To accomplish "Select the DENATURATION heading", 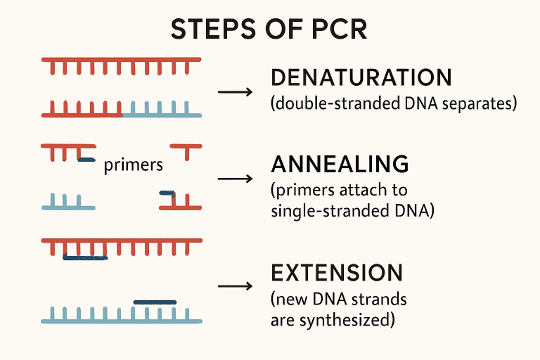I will [x=361, y=78].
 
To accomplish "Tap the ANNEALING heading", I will [x=340, y=165].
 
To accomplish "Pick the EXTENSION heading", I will [x=337, y=273].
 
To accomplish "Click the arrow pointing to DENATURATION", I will [x=235, y=92].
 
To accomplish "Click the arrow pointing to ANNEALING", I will [x=235, y=179].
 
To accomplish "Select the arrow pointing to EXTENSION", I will [x=235, y=287].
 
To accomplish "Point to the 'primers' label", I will [x=133, y=165].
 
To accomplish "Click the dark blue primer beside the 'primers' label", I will [x=86, y=160].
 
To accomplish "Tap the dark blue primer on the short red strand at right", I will [x=166, y=193].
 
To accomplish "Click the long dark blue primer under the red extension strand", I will [x=85, y=257].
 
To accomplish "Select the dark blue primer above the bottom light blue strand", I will [x=155, y=302].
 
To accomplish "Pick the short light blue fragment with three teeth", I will [x=68, y=202].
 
